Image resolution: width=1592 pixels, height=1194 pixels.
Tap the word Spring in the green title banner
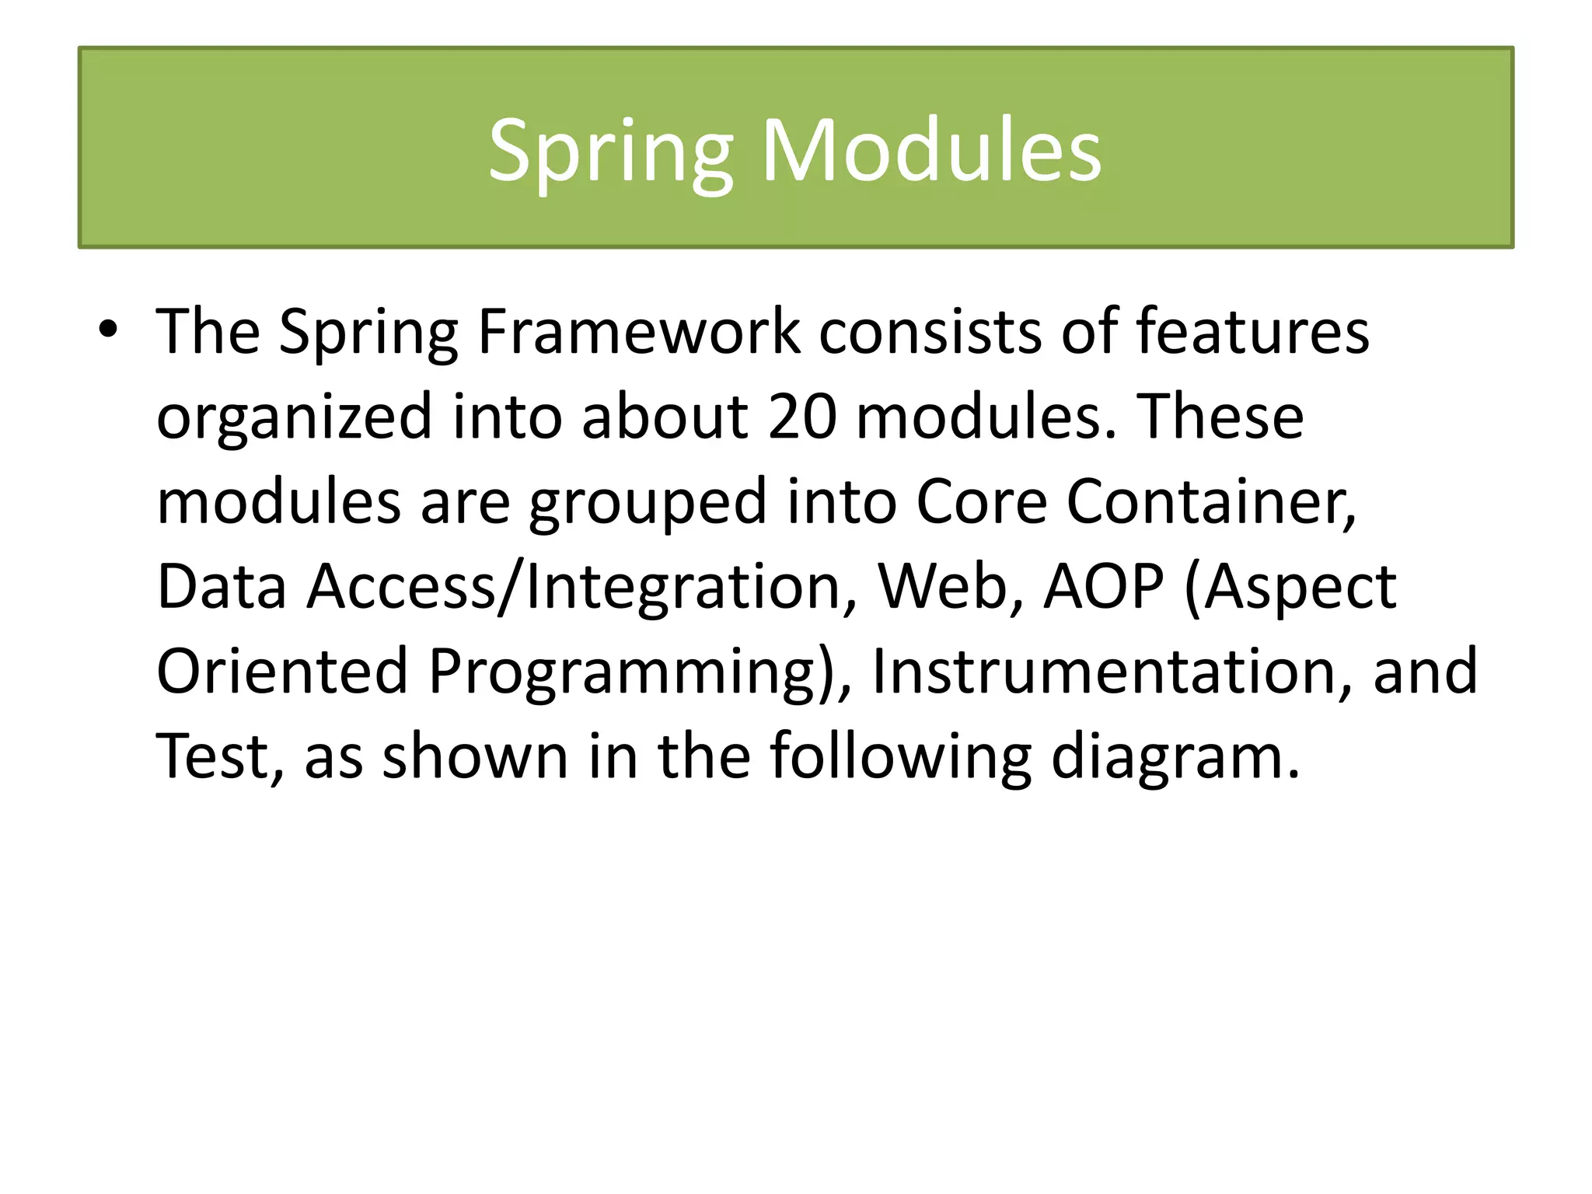[610, 151]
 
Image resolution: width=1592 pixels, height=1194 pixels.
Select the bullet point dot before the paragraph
[108, 330]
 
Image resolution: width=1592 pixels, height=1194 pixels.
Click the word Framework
[638, 333]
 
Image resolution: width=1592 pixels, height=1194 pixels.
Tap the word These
[1220, 417]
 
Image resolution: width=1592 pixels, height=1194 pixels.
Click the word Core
[982, 502]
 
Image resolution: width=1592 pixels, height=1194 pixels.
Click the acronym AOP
[1104, 587]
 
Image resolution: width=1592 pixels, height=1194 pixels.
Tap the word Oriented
[282, 671]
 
